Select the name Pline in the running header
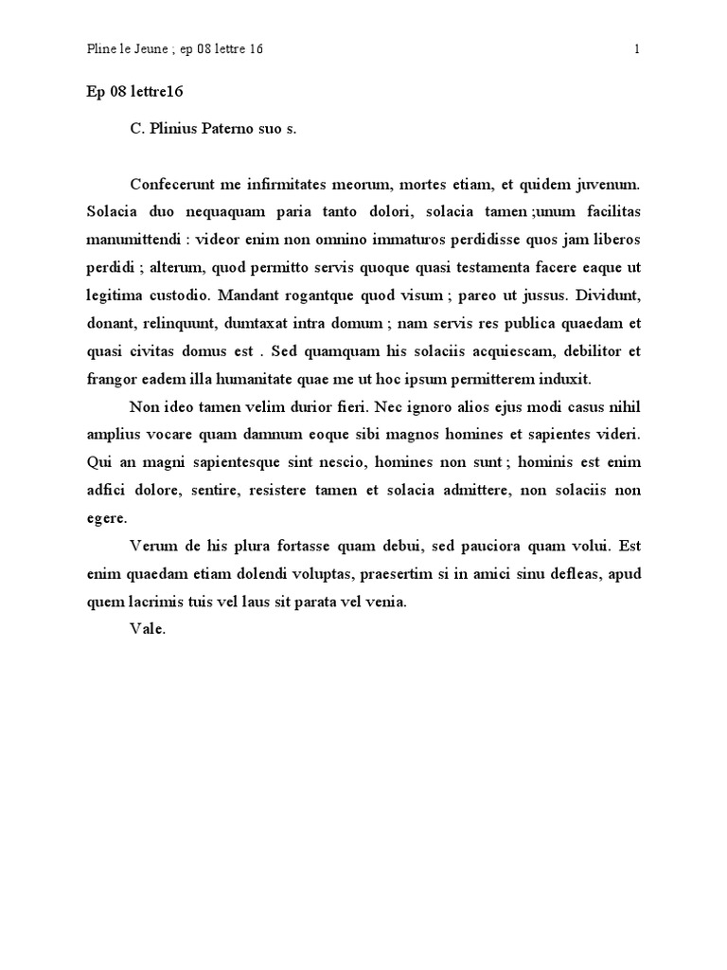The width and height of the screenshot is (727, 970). click(101, 50)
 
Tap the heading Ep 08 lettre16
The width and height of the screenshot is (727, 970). click(134, 92)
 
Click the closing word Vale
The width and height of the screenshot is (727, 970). click(147, 627)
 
